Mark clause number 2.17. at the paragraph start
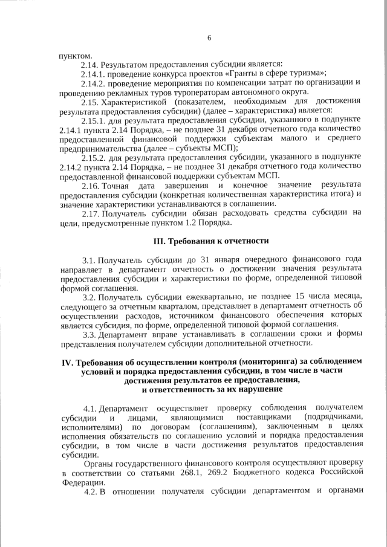(91, 212)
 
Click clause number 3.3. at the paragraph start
(89, 334)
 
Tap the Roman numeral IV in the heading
(68, 362)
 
